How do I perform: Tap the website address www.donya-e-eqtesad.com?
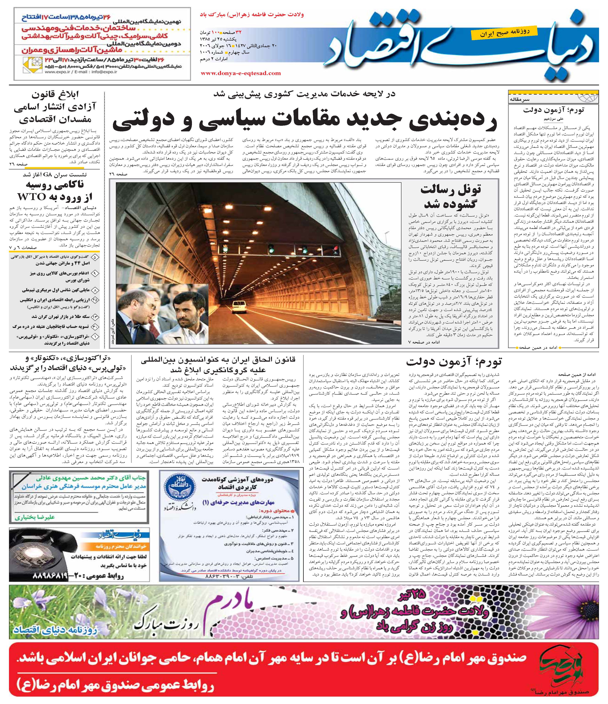pyautogui.click(x=241, y=73)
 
